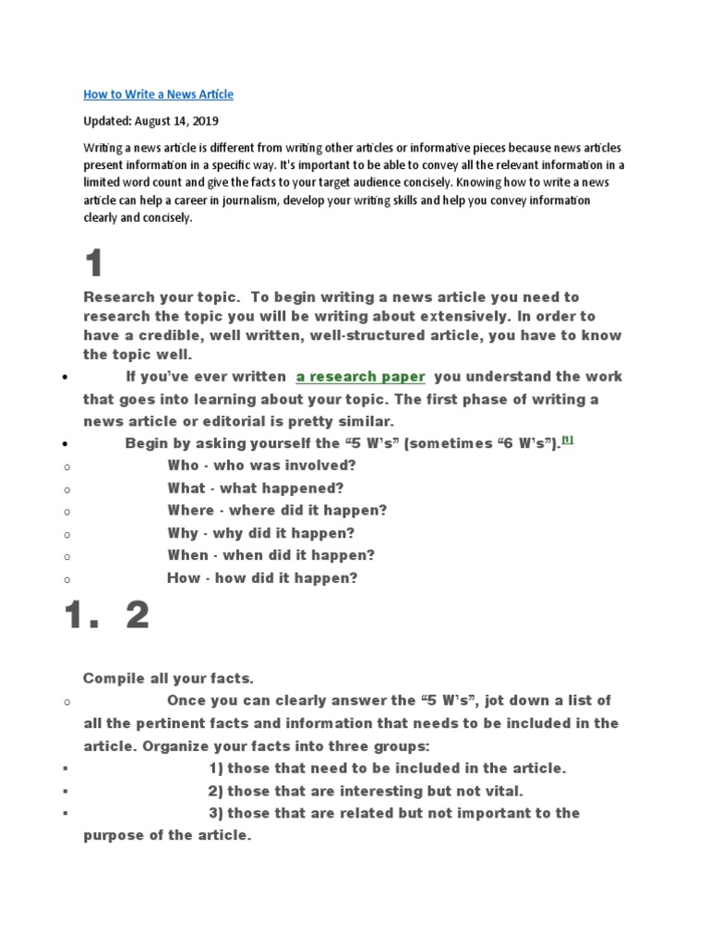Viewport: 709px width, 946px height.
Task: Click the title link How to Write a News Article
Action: (x=158, y=94)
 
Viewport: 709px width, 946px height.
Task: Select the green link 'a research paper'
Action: (x=360, y=377)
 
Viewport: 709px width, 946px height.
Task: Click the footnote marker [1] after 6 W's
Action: (x=567, y=441)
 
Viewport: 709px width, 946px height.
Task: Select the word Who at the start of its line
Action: (x=183, y=466)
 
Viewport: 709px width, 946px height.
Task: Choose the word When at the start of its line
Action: (x=187, y=555)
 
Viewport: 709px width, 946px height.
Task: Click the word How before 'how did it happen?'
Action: (x=183, y=578)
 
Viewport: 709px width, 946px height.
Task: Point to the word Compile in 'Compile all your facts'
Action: (x=112, y=678)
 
